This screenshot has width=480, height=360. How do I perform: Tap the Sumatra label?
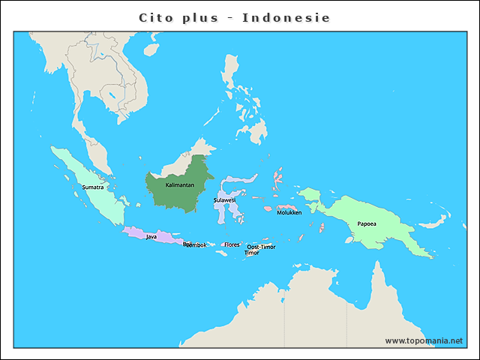pos(92,187)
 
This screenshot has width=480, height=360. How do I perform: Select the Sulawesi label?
pos(224,200)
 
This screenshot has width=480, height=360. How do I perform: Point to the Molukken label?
pos(289,212)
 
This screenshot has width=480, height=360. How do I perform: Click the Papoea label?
pos(367,223)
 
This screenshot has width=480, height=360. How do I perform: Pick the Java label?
pos(151,236)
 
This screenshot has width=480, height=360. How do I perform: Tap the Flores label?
pos(232,244)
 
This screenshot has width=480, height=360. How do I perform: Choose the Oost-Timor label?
pos(261,247)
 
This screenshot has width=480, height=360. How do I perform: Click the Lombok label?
pos(196,245)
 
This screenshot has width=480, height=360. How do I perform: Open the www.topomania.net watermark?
pos(424,340)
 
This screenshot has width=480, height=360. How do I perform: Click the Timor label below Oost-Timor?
pos(252,253)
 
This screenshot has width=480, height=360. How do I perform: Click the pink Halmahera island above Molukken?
pos(278,178)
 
